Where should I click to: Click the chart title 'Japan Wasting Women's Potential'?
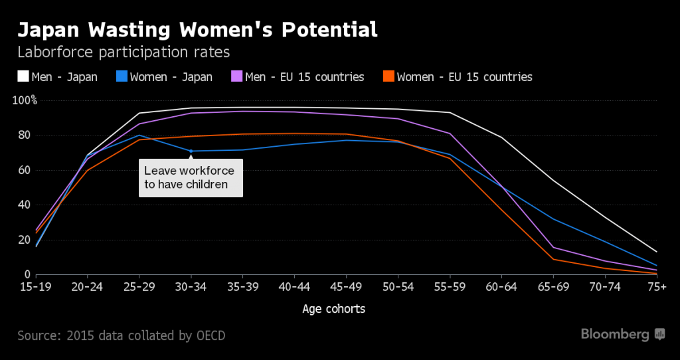click(197, 30)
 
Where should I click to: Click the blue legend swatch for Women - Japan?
click(122, 77)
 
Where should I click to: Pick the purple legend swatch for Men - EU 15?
click(236, 77)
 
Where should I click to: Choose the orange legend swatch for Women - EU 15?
click(388, 77)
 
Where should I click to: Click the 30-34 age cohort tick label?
click(191, 287)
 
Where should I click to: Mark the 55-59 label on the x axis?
click(450, 287)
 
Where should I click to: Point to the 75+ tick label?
click(656, 287)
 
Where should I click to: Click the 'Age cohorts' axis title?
click(333, 309)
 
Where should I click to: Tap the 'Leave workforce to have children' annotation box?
click(191, 177)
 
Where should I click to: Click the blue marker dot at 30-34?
click(191, 151)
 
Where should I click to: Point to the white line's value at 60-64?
click(501, 137)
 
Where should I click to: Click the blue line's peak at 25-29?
click(139, 135)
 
